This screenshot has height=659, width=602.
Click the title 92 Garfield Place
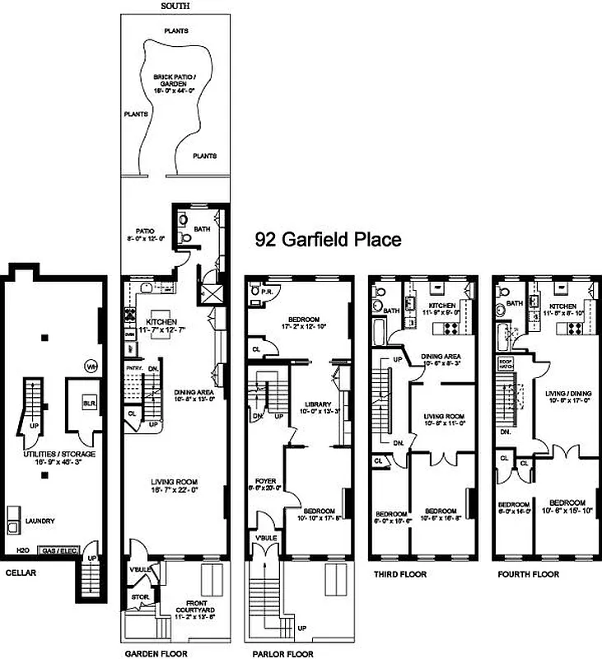(328, 240)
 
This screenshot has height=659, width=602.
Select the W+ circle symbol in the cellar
(91, 365)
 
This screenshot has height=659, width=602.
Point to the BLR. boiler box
(88, 404)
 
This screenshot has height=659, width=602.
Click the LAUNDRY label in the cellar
(41, 520)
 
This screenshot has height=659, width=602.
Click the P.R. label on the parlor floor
(266, 292)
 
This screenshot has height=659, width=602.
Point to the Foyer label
(265, 483)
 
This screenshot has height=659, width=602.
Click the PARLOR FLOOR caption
(280, 653)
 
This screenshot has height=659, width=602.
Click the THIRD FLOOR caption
(399, 574)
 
